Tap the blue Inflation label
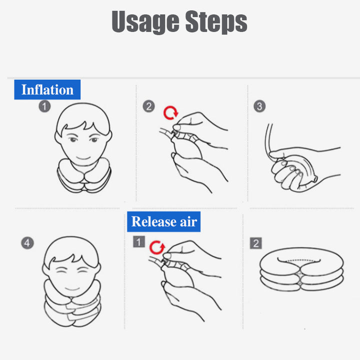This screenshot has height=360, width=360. (x=47, y=90)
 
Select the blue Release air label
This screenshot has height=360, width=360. (x=164, y=221)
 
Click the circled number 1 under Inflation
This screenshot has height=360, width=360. (x=45, y=106)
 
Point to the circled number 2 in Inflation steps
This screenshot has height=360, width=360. (x=148, y=106)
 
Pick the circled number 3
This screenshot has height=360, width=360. (x=259, y=106)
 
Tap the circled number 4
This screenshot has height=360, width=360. (x=27, y=243)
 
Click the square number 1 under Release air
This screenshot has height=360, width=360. (x=138, y=242)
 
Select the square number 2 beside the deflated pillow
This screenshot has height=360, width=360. (x=256, y=243)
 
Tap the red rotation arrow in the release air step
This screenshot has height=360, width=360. (x=158, y=246)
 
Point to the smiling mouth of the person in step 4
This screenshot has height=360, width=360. (x=71, y=288)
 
